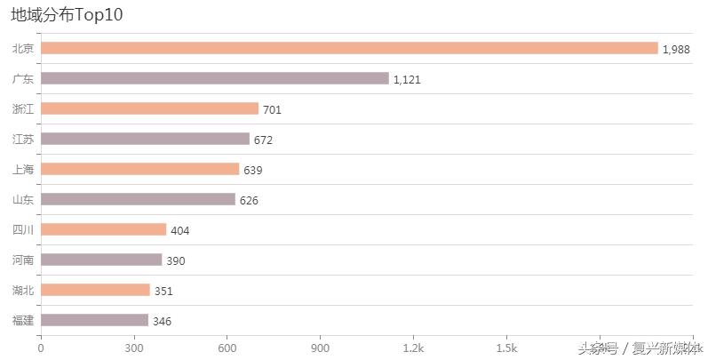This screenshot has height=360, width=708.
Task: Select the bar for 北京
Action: pos(349,48)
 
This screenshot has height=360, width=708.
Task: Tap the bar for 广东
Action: pos(215,78)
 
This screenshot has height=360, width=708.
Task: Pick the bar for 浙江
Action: pos(149,108)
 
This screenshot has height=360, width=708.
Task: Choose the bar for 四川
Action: pos(103,229)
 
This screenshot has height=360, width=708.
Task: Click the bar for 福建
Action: pos(94,320)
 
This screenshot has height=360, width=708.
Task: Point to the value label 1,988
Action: pos(676,49)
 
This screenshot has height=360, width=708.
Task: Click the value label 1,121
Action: pos(407,79)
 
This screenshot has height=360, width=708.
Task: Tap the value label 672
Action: pos(263,140)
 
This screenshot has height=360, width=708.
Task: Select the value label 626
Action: pos(249,200)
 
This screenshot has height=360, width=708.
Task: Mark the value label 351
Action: pos(163,291)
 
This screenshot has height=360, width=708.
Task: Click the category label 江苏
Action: pos(23,139)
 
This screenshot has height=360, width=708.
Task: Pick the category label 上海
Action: pos(23,169)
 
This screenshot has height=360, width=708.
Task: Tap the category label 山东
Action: pos(23,199)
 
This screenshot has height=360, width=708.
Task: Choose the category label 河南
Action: pos(23,260)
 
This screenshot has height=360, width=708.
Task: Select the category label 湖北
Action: pos(23,290)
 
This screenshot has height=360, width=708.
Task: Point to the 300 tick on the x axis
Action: pos(134,348)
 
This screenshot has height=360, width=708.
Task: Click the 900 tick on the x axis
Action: pos(320,348)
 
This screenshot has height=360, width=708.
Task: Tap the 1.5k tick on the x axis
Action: pos(506,348)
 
